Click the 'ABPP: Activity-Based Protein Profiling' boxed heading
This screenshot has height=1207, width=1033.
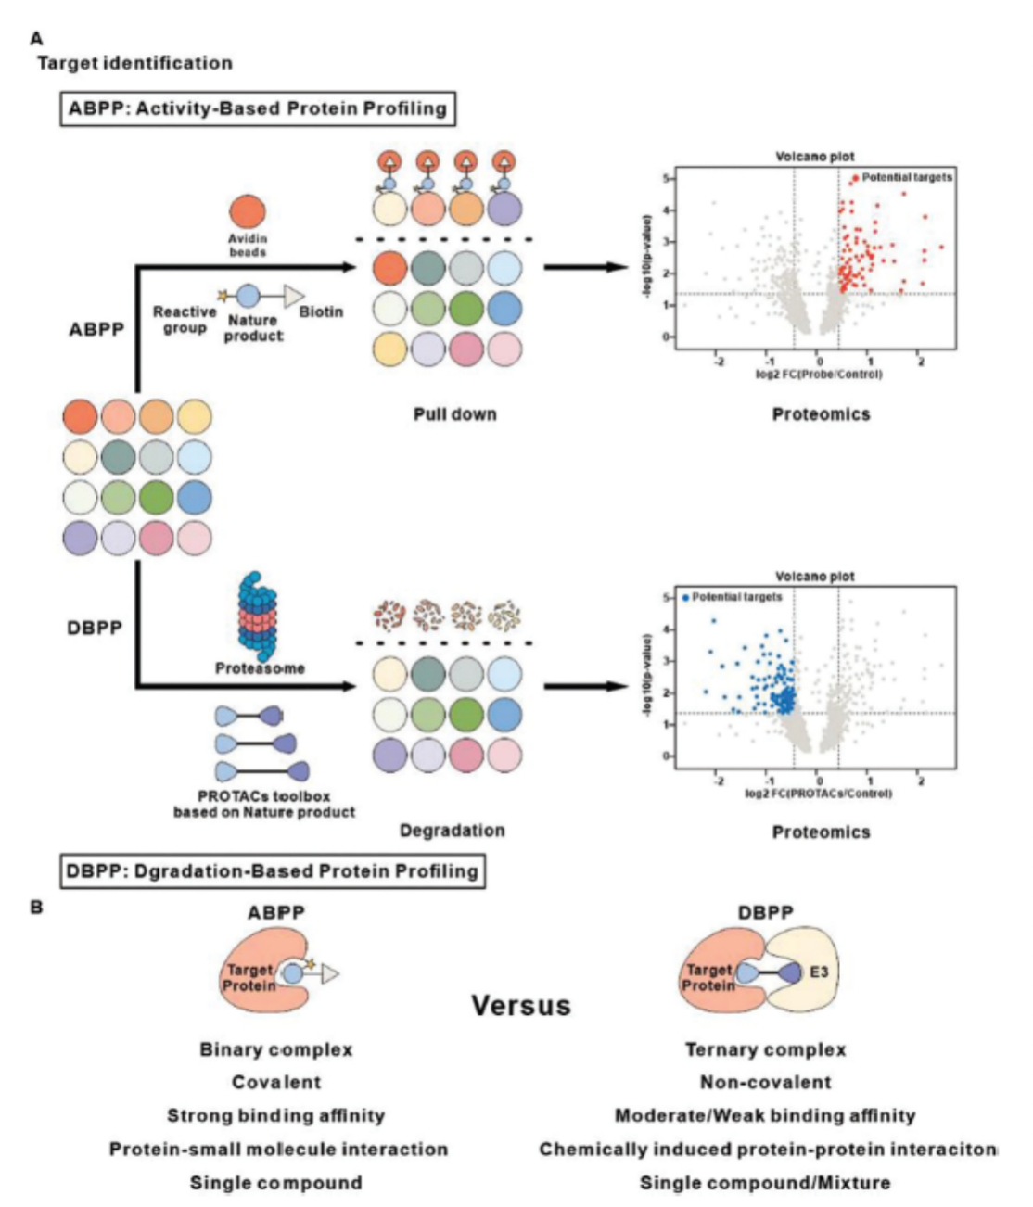[x=258, y=108]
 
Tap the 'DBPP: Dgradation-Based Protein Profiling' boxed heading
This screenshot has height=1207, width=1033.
[x=273, y=871]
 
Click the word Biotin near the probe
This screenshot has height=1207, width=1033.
[x=321, y=312]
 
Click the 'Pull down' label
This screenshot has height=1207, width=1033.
[x=454, y=414]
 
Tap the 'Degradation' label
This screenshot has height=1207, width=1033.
[x=453, y=831]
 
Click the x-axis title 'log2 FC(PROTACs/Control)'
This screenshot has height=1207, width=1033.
[x=818, y=794]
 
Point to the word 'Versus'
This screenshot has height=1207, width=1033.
[x=520, y=1006]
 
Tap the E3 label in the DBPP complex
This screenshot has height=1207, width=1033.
[x=819, y=972]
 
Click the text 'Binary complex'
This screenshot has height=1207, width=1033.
[x=276, y=1050]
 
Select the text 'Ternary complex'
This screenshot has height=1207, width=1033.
[x=765, y=1050]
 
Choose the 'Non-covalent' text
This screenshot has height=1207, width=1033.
[x=765, y=1083]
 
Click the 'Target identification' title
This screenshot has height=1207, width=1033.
[x=134, y=63]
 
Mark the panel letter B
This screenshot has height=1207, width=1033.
[x=37, y=908]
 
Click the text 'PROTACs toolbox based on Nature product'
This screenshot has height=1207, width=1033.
[x=264, y=805]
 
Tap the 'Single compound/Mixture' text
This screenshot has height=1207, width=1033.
[x=765, y=1183]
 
